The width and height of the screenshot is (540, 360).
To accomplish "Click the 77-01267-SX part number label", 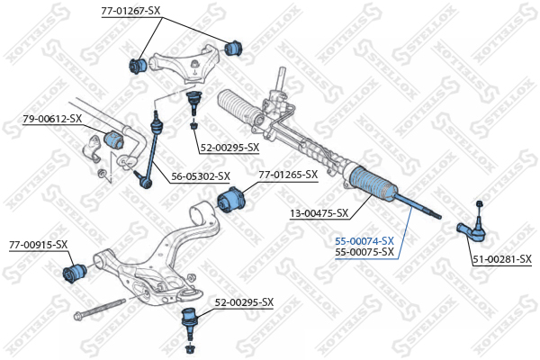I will [x=130, y=11].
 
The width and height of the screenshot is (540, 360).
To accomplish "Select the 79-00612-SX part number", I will [x=52, y=118].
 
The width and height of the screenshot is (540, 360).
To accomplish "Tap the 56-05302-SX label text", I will [x=200, y=177].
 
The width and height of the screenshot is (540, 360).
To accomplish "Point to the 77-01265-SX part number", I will [x=288, y=175].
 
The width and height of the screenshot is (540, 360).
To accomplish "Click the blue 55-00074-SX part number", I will [x=364, y=241].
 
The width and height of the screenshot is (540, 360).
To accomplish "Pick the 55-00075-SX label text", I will [x=364, y=252].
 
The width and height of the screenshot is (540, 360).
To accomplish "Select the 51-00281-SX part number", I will [x=502, y=260].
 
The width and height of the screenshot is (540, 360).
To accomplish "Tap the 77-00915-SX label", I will [x=39, y=244].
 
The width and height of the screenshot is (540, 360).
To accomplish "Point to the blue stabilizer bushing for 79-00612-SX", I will [x=114, y=139].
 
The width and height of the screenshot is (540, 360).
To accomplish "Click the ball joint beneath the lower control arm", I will [x=190, y=319].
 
